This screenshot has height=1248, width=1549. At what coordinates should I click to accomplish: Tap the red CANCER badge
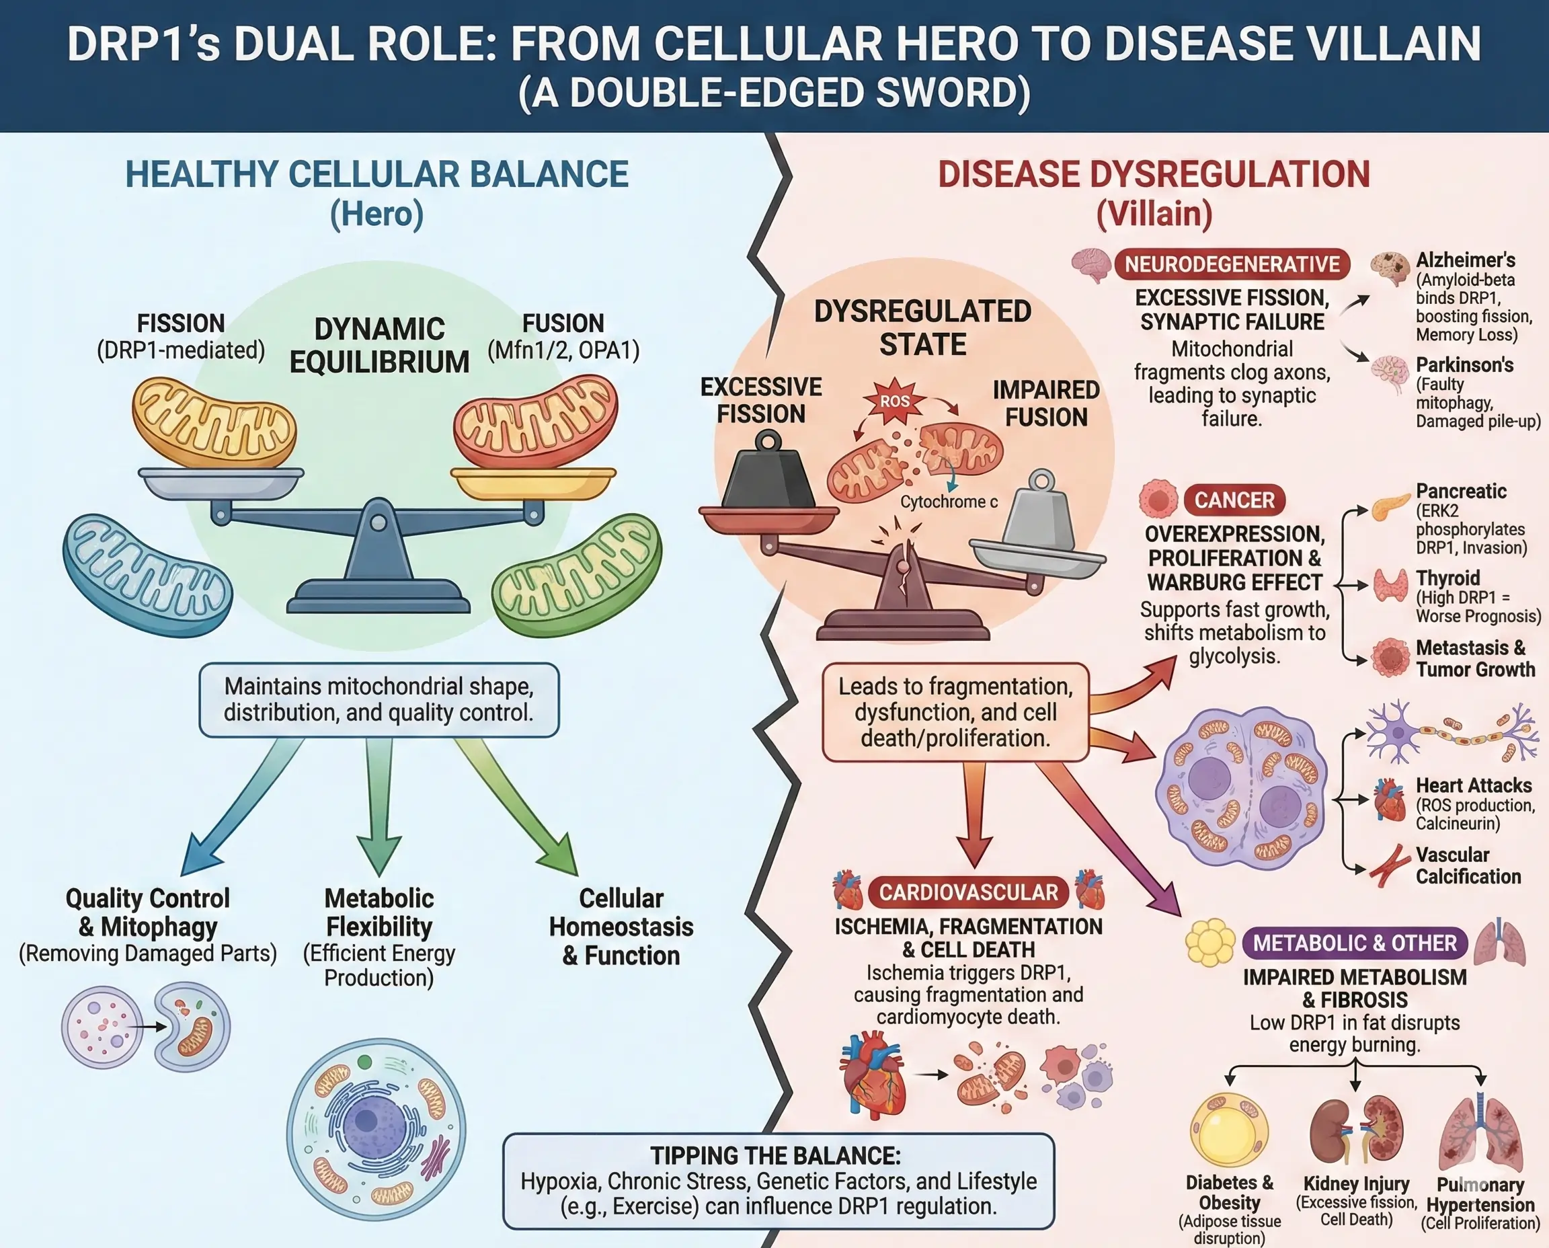[1234, 500]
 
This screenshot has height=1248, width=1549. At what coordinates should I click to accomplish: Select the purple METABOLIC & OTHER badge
[1354, 943]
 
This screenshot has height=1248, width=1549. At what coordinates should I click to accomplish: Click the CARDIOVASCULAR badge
[968, 892]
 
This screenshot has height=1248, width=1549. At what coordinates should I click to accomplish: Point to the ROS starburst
[895, 401]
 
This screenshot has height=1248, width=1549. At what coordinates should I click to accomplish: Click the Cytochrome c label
[949, 502]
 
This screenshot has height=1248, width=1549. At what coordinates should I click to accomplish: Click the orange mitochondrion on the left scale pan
[214, 424]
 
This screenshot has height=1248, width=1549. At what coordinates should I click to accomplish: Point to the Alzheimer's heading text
[1466, 260]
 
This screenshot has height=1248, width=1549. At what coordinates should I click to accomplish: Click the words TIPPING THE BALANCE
[775, 1156]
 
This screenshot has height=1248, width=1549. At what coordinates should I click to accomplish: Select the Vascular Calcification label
[1468, 865]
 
